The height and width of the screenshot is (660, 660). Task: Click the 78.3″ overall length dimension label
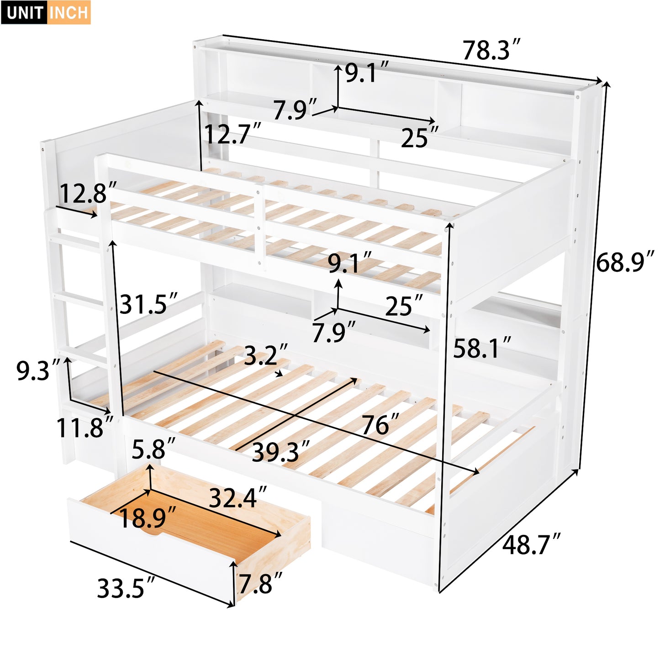point(491,50)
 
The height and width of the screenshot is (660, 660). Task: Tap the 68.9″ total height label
point(625,262)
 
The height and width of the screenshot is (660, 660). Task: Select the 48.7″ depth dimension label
point(531,544)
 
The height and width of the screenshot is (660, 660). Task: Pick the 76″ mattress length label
point(380,425)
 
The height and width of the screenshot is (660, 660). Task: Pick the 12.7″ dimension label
point(232,134)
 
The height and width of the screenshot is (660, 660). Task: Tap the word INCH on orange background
point(69,12)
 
